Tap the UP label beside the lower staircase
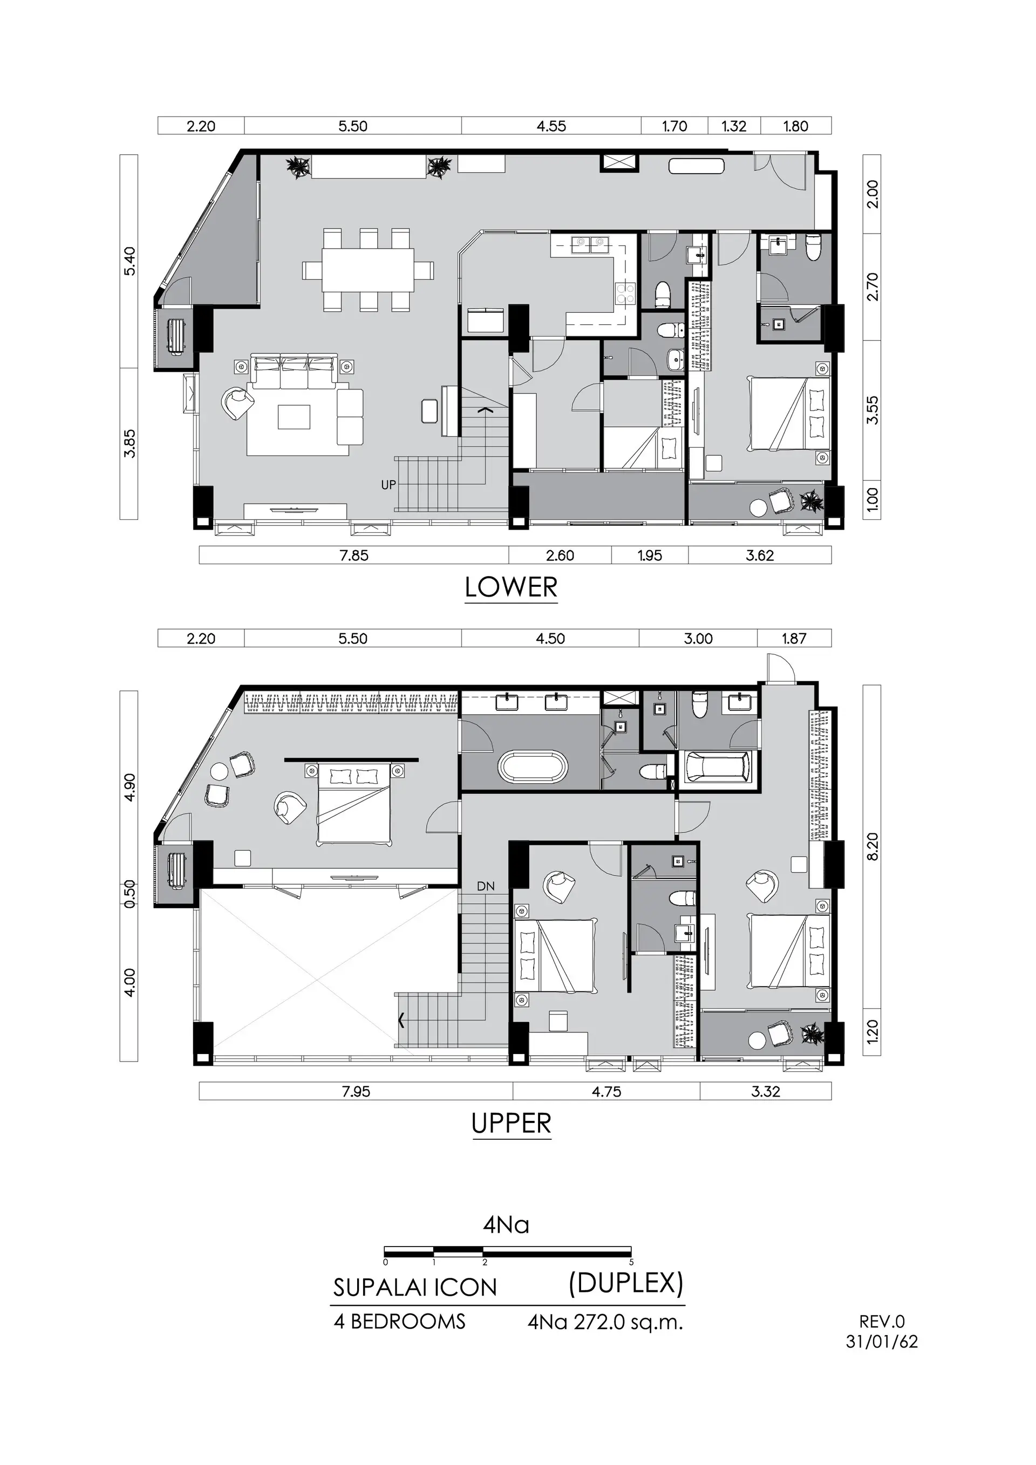(x=388, y=485)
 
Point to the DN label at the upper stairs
(x=486, y=886)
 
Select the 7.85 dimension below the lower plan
(x=355, y=555)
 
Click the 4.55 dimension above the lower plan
(x=551, y=126)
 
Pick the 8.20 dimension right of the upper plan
(x=873, y=846)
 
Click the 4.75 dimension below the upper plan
(x=606, y=1091)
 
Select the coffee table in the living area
(x=294, y=418)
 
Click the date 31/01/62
(x=882, y=1341)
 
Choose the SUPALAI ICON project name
(x=415, y=1287)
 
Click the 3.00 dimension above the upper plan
(x=698, y=638)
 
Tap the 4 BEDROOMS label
(x=400, y=1321)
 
